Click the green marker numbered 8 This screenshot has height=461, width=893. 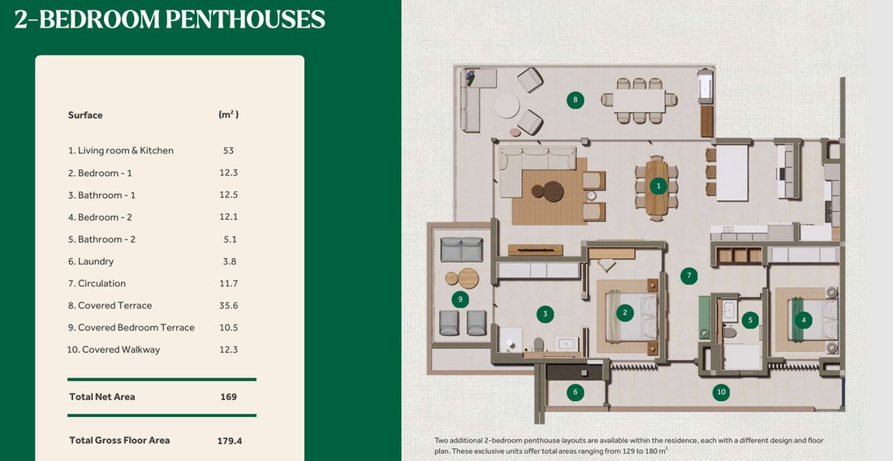coord(576,100)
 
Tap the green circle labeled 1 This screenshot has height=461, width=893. coord(658,186)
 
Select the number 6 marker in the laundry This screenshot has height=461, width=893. coord(576,391)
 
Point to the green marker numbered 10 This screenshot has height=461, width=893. coord(721,391)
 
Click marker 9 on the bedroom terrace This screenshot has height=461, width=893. coord(460,299)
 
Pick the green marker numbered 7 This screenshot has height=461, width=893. coord(688,276)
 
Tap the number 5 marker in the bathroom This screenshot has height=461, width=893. coord(750,320)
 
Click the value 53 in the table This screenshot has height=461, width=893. coord(228,151)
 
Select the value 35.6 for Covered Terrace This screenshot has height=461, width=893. coord(228,306)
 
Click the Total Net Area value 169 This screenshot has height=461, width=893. coord(228,397)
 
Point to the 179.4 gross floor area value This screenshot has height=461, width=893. coord(230,441)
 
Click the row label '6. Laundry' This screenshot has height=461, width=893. coord(91,261)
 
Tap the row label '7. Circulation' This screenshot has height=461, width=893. coord(97,283)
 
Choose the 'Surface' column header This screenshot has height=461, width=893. coord(85,115)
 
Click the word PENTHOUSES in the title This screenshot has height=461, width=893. coord(245,19)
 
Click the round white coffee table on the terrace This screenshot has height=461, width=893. coord(507,106)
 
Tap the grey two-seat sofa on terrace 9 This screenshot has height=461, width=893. coord(462,249)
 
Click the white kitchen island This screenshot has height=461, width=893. coord(731,173)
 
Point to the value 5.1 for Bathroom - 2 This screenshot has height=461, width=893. coord(230,239)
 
